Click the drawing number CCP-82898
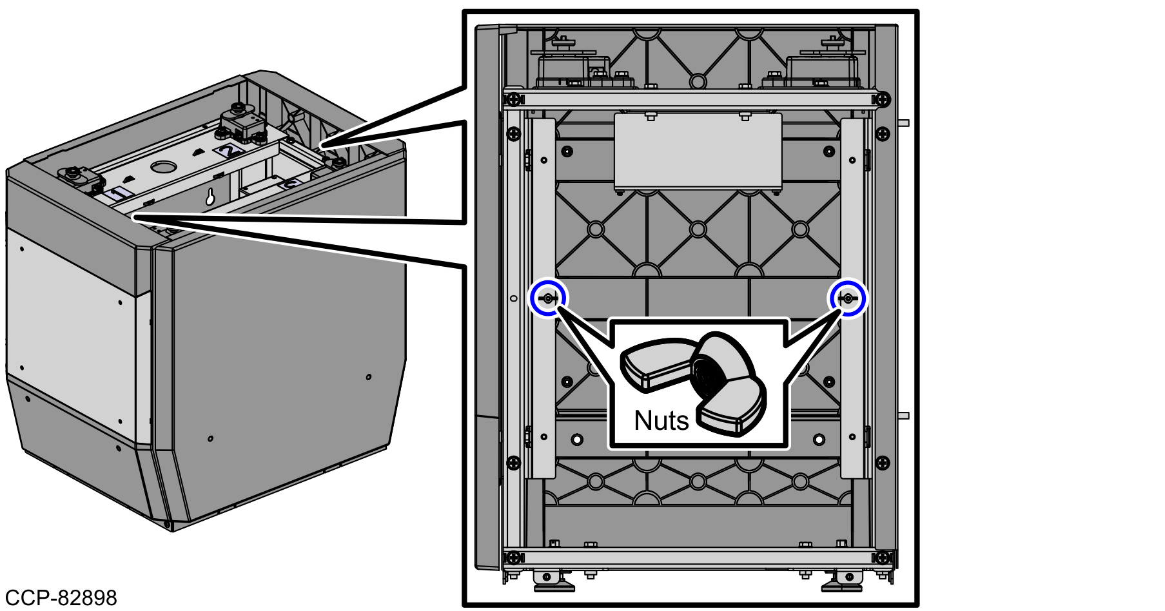coord(61,597)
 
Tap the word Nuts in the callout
coord(661,420)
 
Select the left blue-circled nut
coord(548,298)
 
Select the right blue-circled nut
coord(848,298)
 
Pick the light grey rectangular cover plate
coord(698,152)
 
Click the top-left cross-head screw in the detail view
coord(513,100)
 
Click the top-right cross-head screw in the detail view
coord(883,100)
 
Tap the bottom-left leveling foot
coord(553,581)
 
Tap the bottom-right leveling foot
coord(842,581)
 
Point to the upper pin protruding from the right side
coord(903,122)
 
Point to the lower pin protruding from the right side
coord(903,416)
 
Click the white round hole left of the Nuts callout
coord(577,440)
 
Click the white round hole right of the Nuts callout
coord(819,440)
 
